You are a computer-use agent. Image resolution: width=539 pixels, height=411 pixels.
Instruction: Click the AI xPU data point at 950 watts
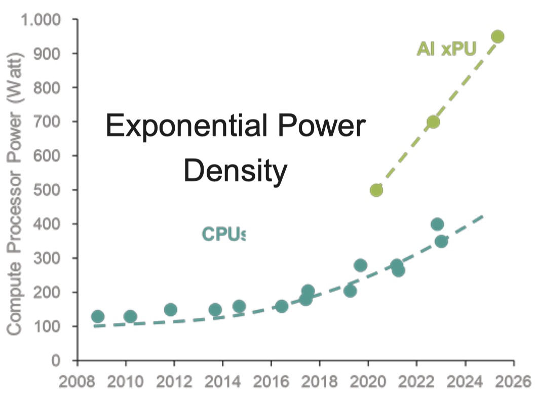click(x=497, y=36)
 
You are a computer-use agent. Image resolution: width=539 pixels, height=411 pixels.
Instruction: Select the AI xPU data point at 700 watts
click(x=433, y=122)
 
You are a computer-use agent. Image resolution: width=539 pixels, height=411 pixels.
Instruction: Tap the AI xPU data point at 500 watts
click(x=376, y=190)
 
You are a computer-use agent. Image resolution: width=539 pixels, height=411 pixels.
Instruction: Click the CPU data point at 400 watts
click(x=437, y=224)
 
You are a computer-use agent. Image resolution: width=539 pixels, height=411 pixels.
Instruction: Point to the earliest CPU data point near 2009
click(x=98, y=317)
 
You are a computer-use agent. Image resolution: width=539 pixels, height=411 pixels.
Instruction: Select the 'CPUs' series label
click(x=223, y=234)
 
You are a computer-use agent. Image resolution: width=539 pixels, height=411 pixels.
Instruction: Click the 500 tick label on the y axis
click(x=48, y=190)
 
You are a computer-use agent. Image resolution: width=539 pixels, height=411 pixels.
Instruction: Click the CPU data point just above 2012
click(x=171, y=310)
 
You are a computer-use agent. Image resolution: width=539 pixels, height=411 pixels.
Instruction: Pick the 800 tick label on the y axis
click(x=48, y=88)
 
